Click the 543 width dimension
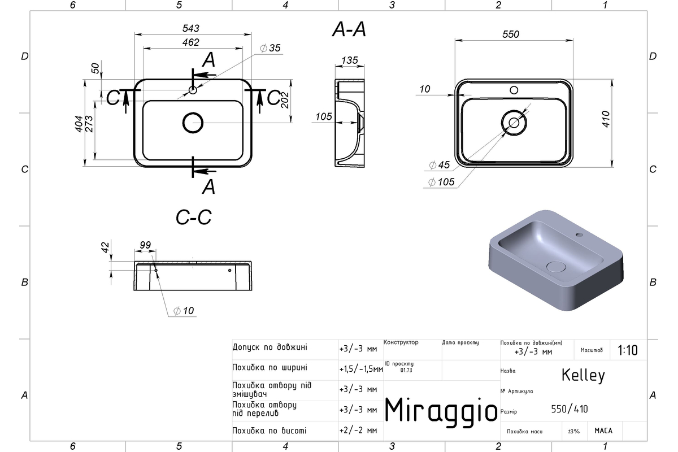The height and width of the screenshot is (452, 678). pyautogui.click(x=191, y=28)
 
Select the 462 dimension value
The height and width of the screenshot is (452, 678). pyautogui.click(x=191, y=42)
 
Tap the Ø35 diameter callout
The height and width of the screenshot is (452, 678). pyautogui.click(x=270, y=48)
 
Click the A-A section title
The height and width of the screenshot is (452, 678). pyautogui.click(x=349, y=30)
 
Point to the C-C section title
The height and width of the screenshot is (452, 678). pyautogui.click(x=194, y=217)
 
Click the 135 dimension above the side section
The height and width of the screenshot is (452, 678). pyautogui.click(x=350, y=60)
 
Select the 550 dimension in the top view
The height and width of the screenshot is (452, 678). pyautogui.click(x=511, y=34)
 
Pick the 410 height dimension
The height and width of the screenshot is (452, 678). pyautogui.click(x=606, y=119)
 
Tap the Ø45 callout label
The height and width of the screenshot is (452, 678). pyautogui.click(x=440, y=165)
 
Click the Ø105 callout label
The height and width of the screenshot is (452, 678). pyautogui.click(x=441, y=182)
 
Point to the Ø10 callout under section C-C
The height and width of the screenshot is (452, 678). pyautogui.click(x=184, y=311)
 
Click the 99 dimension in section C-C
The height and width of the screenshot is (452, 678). pyautogui.click(x=145, y=245)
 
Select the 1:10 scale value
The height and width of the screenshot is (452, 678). pyautogui.click(x=628, y=350)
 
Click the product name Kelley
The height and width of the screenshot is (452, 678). pyautogui.click(x=583, y=375)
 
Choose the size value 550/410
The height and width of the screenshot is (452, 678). pyautogui.click(x=570, y=409)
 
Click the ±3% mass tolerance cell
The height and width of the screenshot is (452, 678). pyautogui.click(x=573, y=431)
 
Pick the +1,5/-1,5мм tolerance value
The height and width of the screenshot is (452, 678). pyautogui.click(x=361, y=370)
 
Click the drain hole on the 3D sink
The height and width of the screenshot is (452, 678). pyautogui.click(x=556, y=267)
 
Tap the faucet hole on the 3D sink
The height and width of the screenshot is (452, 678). pyautogui.click(x=579, y=234)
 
